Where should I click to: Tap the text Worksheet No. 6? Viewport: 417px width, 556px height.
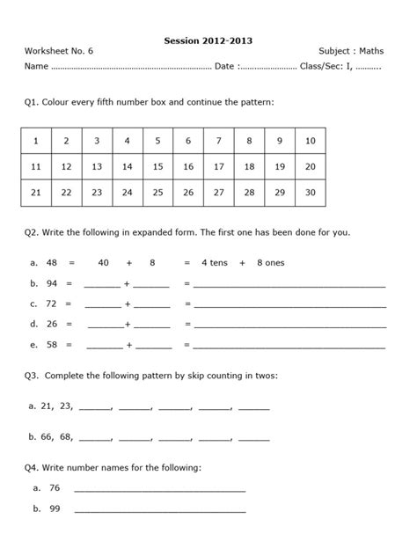(59, 52)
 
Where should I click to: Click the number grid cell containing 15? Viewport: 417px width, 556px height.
(157, 167)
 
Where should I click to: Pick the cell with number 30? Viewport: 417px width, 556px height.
(310, 193)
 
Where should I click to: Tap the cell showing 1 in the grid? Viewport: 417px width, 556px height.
(35, 142)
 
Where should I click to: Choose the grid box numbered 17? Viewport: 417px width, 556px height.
(218, 167)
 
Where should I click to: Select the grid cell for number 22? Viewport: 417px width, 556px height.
(66, 193)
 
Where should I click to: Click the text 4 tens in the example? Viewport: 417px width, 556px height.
(216, 262)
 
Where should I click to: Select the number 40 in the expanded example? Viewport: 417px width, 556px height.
(104, 262)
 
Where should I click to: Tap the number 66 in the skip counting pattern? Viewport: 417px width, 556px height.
(48, 435)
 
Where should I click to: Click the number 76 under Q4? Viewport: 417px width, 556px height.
(55, 486)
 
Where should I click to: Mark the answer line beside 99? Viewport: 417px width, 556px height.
(160, 508)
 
